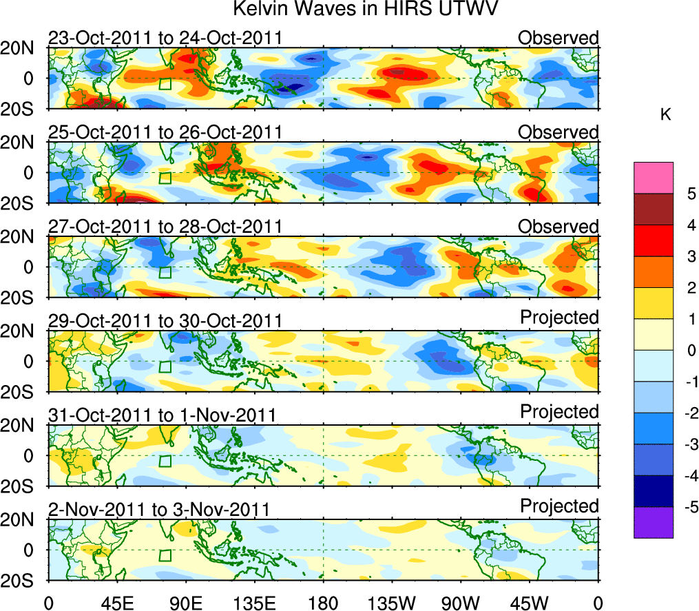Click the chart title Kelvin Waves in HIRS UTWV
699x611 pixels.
point(365,10)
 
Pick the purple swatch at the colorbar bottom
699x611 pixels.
point(653,522)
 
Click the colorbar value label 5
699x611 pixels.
point(691,194)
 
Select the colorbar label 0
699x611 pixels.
point(691,351)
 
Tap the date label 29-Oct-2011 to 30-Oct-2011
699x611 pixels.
point(165,321)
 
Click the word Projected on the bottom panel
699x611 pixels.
point(559,506)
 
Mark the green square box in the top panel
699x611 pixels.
point(165,84)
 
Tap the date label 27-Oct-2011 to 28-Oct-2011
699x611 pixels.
point(165,227)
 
